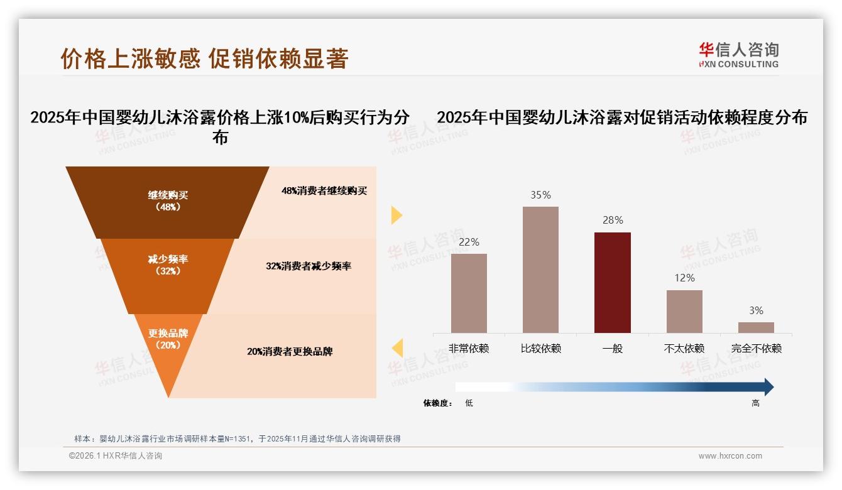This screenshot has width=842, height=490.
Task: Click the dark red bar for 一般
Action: click(x=612, y=282)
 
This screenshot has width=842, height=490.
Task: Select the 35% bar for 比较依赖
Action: click(x=540, y=269)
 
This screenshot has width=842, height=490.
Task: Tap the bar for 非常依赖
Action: click(x=469, y=293)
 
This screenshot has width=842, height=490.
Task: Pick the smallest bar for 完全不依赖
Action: click(x=756, y=327)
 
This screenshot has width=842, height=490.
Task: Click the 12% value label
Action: click(x=684, y=278)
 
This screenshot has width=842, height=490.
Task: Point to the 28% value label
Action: click(x=612, y=220)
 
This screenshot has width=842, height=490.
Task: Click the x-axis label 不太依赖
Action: click(x=684, y=348)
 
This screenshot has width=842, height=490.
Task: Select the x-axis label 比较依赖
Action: click(x=540, y=348)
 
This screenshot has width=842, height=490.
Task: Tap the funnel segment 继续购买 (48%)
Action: click(x=168, y=201)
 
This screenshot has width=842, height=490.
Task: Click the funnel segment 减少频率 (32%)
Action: click(x=168, y=265)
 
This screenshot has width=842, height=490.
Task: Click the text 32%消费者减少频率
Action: click(x=308, y=266)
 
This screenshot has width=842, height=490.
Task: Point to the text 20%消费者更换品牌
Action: click(x=290, y=352)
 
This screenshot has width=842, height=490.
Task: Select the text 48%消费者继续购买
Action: click(x=324, y=191)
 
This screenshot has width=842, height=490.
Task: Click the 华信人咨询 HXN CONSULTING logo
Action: click(x=739, y=55)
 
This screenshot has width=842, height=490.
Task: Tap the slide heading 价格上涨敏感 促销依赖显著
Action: click(x=204, y=58)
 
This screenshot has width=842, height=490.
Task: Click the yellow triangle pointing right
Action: click(x=396, y=215)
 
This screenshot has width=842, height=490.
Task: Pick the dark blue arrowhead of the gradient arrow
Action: click(x=768, y=387)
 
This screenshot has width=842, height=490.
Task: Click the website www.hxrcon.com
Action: click(x=730, y=456)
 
